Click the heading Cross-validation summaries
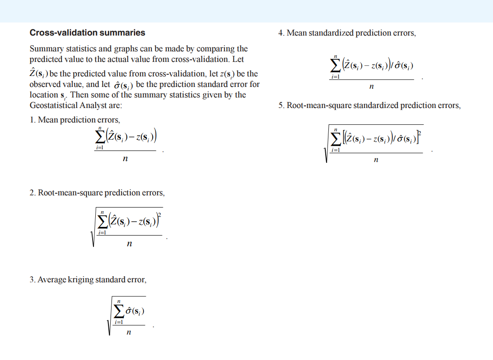pyautogui.click(x=87, y=33)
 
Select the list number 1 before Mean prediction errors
pyautogui.click(x=32, y=120)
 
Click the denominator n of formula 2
pyautogui.click(x=129, y=244)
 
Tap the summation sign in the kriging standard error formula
pyautogui.click(x=119, y=312)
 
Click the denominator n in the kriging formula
pyautogui.click(x=128, y=332)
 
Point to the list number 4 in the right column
pyautogui.click(x=281, y=33)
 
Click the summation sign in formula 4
pyautogui.click(x=335, y=66)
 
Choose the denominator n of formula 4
pyautogui.click(x=371, y=86)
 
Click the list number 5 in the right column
pyautogui.click(x=281, y=106)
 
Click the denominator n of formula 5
pyautogui.click(x=376, y=160)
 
